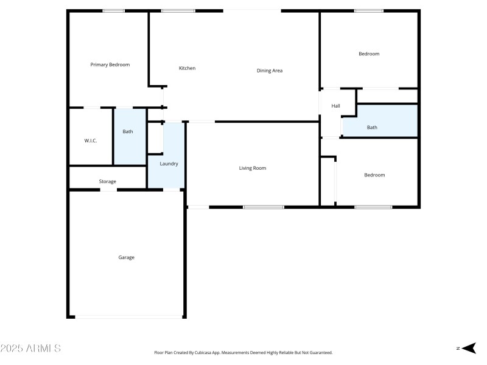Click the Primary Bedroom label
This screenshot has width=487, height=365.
click(x=110, y=64)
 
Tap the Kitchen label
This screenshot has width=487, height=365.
click(x=187, y=68)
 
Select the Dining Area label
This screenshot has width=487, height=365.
click(x=270, y=71)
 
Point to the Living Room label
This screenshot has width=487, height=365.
click(x=253, y=168)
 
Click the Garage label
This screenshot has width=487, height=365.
click(x=126, y=257)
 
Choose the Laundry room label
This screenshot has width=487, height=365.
click(x=169, y=164)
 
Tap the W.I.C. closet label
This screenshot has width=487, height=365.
click(x=91, y=141)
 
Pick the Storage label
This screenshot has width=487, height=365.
click(x=108, y=181)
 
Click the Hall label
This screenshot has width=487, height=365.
click(x=335, y=106)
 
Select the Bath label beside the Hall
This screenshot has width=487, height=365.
click(x=372, y=127)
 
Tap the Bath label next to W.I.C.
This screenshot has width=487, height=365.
click(x=128, y=131)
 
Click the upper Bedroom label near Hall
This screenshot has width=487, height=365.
click(x=369, y=54)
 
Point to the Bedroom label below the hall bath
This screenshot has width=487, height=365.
click(x=374, y=175)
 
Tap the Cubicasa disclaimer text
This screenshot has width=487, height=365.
click(x=243, y=352)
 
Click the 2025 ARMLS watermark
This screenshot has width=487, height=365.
click(x=30, y=349)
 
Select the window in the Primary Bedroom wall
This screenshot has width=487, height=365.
click(x=113, y=11)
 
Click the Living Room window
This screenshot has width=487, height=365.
click(x=263, y=207)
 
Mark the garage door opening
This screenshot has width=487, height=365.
click(x=128, y=316)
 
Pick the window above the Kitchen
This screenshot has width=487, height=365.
click(x=178, y=11)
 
